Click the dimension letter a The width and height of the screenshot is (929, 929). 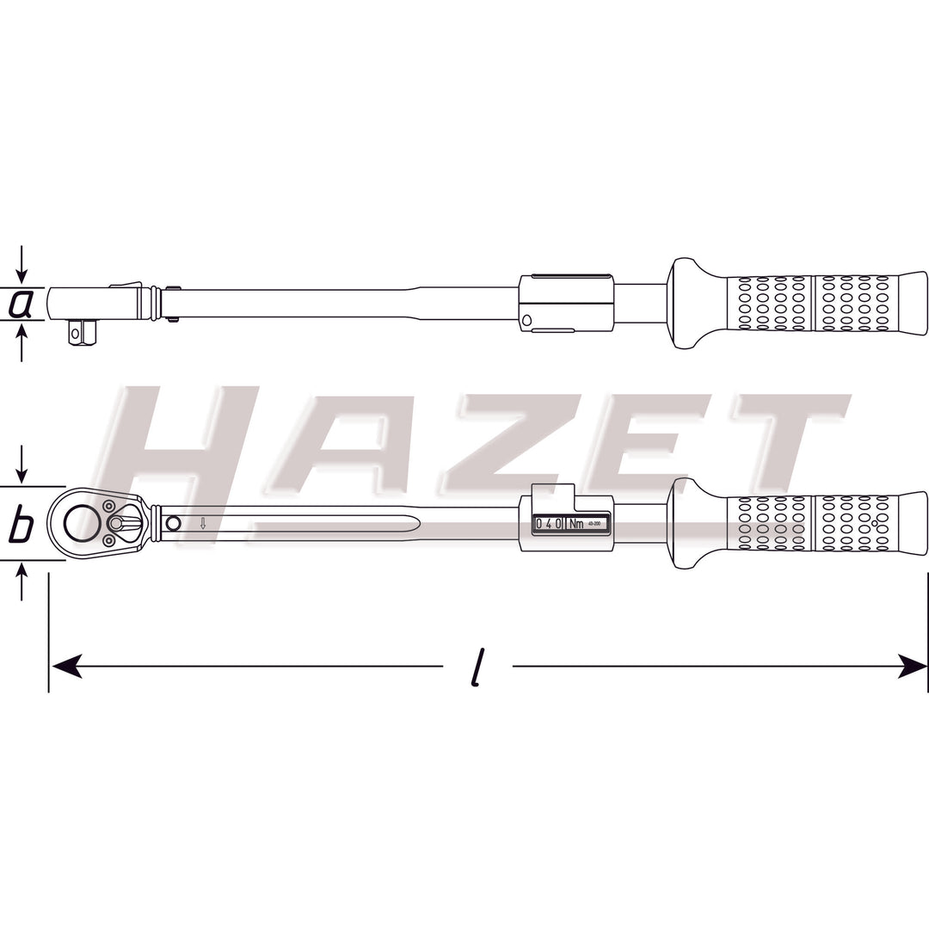(x=21, y=304)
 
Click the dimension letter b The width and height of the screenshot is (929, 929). (x=21, y=525)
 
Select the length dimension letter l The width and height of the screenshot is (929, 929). (x=478, y=666)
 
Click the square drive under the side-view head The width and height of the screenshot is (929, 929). (x=82, y=331)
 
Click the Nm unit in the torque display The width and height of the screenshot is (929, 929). (x=576, y=523)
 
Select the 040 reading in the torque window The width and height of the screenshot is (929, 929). (x=549, y=523)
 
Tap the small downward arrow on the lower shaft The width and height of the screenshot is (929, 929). (x=203, y=523)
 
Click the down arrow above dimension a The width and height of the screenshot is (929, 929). (x=22, y=262)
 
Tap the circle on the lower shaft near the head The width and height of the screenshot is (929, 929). (x=173, y=523)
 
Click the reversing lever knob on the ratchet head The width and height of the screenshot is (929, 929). (x=117, y=523)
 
